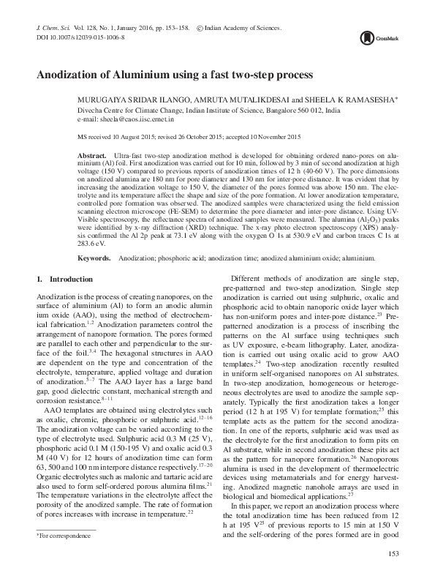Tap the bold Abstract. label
coord(92,157)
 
